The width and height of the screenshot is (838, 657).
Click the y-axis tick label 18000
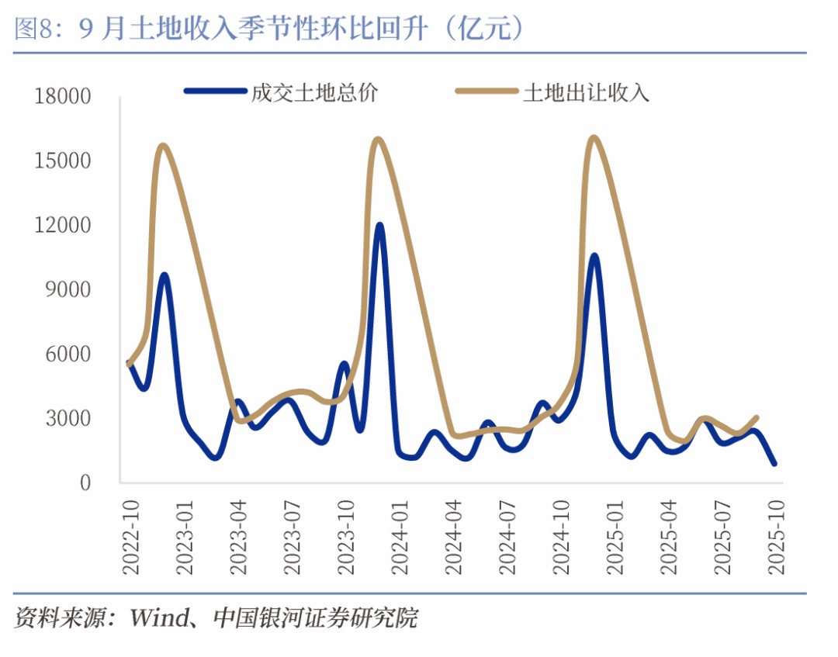pyautogui.click(x=63, y=97)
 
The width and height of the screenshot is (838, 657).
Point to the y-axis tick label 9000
pyautogui.click(x=69, y=290)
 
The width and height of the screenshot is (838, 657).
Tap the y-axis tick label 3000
pyautogui.click(x=69, y=419)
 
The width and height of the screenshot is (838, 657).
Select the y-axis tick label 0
pyautogui.click(x=85, y=482)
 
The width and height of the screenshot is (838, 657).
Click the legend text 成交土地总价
pyautogui.click(x=314, y=93)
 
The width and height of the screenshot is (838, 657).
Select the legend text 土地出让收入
pyautogui.click(x=587, y=93)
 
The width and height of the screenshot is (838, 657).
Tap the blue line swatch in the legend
pyautogui.click(x=214, y=92)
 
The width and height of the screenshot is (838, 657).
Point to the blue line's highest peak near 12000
pyautogui.click(x=379, y=225)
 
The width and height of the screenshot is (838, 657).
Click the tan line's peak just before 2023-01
pyautogui.click(x=163, y=145)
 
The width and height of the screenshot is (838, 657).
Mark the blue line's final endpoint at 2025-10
pyautogui.click(x=774, y=464)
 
